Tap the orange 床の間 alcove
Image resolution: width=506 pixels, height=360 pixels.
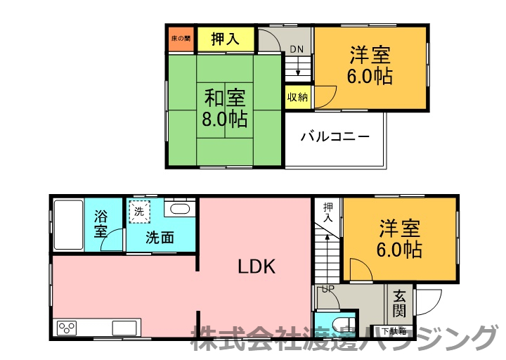point(180,39)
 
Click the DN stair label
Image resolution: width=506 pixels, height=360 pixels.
point(297,50)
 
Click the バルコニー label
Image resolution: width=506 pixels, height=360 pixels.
point(335,136)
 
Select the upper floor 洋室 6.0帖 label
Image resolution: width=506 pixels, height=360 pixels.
point(369,65)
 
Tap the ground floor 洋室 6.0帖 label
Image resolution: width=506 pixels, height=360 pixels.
point(401,238)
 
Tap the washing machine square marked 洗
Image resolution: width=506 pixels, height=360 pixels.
point(138,210)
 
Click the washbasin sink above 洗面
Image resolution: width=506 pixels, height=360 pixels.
point(180,209)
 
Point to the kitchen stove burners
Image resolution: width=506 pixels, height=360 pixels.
point(68,328)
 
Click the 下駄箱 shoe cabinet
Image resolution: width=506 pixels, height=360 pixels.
point(394,330)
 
